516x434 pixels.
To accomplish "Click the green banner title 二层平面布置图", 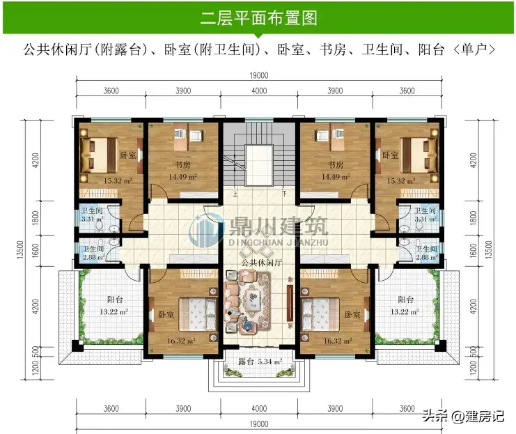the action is tap(258, 18).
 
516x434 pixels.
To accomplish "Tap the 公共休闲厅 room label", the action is tap(262, 263).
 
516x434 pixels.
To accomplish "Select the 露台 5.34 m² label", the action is tap(260, 362).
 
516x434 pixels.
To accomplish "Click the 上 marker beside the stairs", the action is tap(235, 194).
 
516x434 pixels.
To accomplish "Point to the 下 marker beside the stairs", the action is tap(284, 194).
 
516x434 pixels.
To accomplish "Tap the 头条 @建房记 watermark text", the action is tap(463, 416).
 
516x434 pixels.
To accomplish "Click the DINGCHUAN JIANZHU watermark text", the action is tap(279, 242).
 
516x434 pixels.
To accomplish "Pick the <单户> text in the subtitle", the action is tap(474, 49).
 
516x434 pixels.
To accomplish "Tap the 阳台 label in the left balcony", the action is tap(115, 300).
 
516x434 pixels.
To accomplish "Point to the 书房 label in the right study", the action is tap(336, 164).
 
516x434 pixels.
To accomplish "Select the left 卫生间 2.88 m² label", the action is tap(93, 253).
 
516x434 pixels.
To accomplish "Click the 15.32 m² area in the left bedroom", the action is tap(118, 181).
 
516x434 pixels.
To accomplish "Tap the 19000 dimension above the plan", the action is tap(259, 75).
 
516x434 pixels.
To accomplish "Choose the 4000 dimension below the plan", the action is tap(259, 409).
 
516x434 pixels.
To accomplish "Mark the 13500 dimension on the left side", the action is tap(20, 249).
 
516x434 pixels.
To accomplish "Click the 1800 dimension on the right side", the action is tap(474, 218).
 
